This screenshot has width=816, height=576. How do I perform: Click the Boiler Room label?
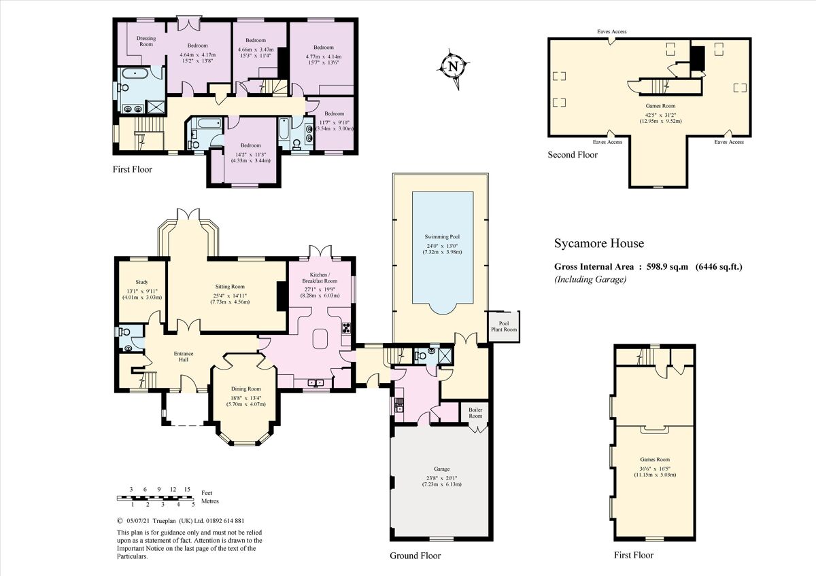[x=475, y=413]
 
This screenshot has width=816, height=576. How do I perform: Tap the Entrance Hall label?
[x=184, y=357]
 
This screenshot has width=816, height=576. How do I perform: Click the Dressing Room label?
[x=146, y=41]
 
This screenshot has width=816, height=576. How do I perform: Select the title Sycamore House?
[x=599, y=243]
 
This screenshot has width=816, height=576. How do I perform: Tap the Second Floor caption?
[x=573, y=155]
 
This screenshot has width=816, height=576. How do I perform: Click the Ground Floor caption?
[x=415, y=556]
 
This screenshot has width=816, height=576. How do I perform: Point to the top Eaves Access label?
[x=611, y=31]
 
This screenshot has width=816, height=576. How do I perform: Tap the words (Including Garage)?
[x=590, y=278]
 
